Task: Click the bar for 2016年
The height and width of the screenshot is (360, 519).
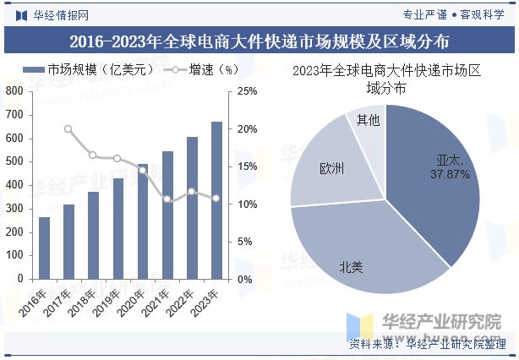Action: pyautogui.click(x=44, y=248)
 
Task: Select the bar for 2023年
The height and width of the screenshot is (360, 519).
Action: pyautogui.click(x=216, y=200)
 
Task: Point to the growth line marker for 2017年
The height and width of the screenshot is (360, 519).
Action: pyautogui.click(x=68, y=129)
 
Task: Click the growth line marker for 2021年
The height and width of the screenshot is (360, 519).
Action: pyautogui.click(x=167, y=199)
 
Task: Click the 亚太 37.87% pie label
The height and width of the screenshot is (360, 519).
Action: pyautogui.click(x=449, y=166)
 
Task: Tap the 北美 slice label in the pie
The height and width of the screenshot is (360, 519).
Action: pyautogui.click(x=351, y=267)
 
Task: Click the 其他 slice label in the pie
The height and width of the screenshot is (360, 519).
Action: pyautogui.click(x=368, y=120)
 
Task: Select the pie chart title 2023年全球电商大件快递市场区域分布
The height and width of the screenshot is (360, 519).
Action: pyautogui.click(x=385, y=79)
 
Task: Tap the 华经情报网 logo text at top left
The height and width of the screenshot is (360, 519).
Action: pyautogui.click(x=51, y=14)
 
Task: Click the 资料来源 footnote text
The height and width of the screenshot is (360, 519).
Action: pyautogui.click(x=427, y=344)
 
